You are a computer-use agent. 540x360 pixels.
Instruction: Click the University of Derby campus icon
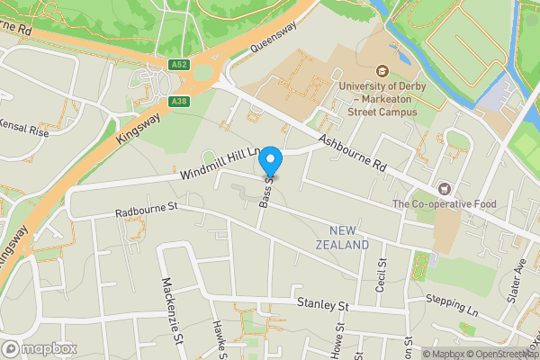(382, 71)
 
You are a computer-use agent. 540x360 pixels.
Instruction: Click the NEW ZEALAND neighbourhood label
(343, 238)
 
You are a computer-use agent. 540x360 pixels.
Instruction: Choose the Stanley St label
(322, 306)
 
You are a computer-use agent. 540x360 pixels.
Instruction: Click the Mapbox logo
(38, 348)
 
